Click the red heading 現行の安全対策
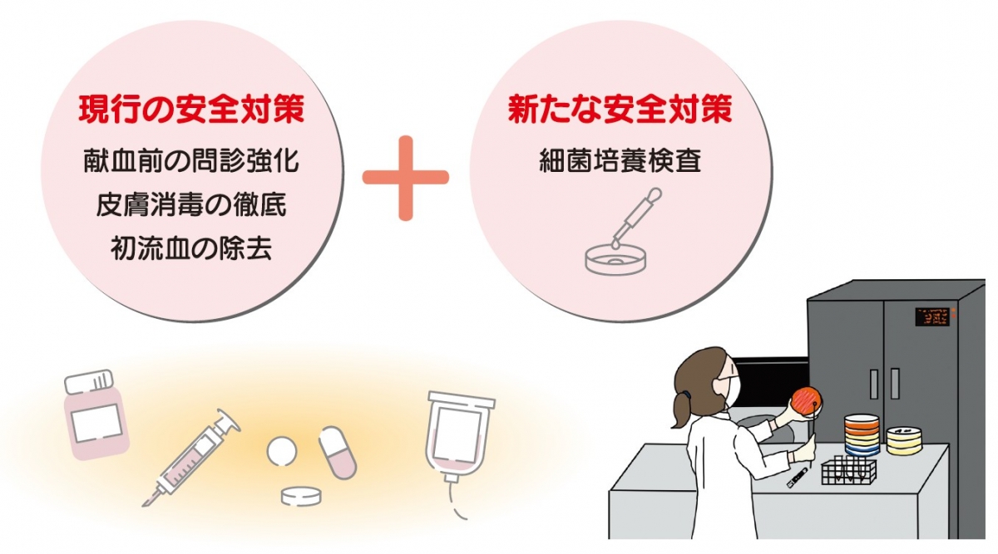tap(191, 110)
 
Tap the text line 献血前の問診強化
tap(191, 160)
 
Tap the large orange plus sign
tap(406, 178)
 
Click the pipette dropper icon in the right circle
tap(636, 218)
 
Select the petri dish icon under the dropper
tap(615, 259)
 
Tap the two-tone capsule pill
tap(338, 453)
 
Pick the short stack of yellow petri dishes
tap(905, 440)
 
